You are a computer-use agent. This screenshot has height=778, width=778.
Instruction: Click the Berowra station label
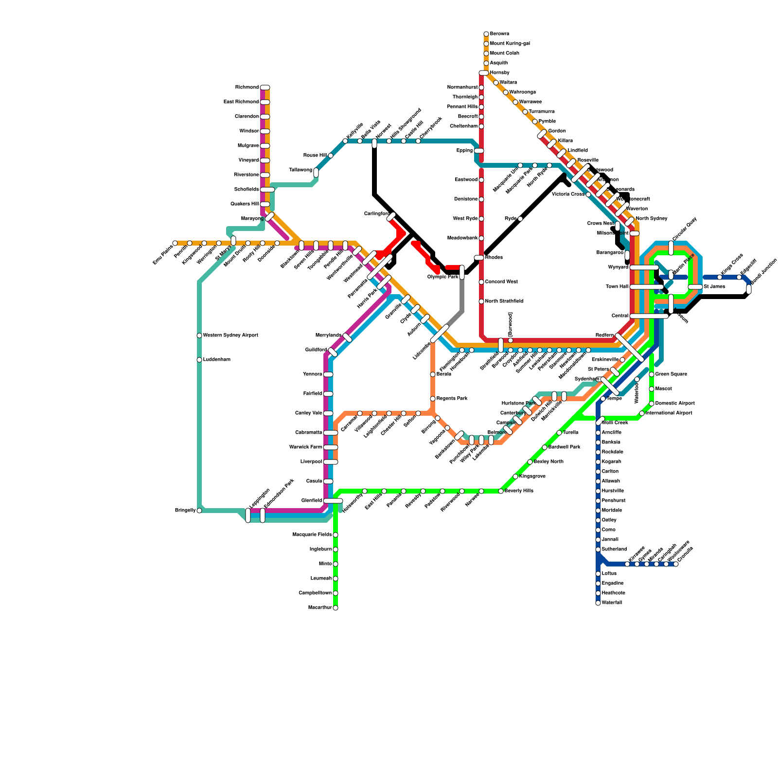[x=499, y=34]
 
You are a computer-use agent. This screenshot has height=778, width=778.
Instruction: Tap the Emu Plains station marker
[x=175, y=243]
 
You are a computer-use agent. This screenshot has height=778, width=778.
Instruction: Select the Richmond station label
[x=247, y=88]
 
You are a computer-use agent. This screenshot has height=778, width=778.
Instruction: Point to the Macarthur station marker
[x=336, y=608]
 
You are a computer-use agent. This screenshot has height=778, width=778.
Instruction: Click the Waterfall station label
[x=612, y=603]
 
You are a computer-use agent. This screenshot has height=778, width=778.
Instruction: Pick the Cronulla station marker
[x=676, y=564]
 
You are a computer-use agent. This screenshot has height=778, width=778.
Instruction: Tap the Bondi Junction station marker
[x=749, y=289]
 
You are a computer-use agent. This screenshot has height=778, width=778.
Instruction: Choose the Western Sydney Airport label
[x=230, y=336]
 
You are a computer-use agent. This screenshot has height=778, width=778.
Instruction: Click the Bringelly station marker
[x=199, y=511]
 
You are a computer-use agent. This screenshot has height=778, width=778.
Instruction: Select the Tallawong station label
[x=301, y=170]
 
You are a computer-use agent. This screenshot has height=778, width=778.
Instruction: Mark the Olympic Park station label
[x=443, y=277]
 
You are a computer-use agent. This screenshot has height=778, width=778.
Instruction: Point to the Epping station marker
[x=479, y=151]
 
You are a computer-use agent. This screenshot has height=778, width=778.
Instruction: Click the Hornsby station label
[x=499, y=73]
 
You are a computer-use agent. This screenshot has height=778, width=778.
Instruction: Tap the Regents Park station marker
[x=433, y=399]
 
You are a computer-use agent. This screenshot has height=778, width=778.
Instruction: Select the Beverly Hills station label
[x=519, y=491]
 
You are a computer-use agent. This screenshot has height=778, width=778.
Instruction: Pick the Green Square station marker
[x=652, y=374]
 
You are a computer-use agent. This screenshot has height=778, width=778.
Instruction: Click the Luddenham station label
[x=216, y=360]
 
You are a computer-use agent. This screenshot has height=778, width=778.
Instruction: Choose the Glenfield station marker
[x=333, y=501]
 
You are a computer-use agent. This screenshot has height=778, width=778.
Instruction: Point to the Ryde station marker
[x=520, y=219]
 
